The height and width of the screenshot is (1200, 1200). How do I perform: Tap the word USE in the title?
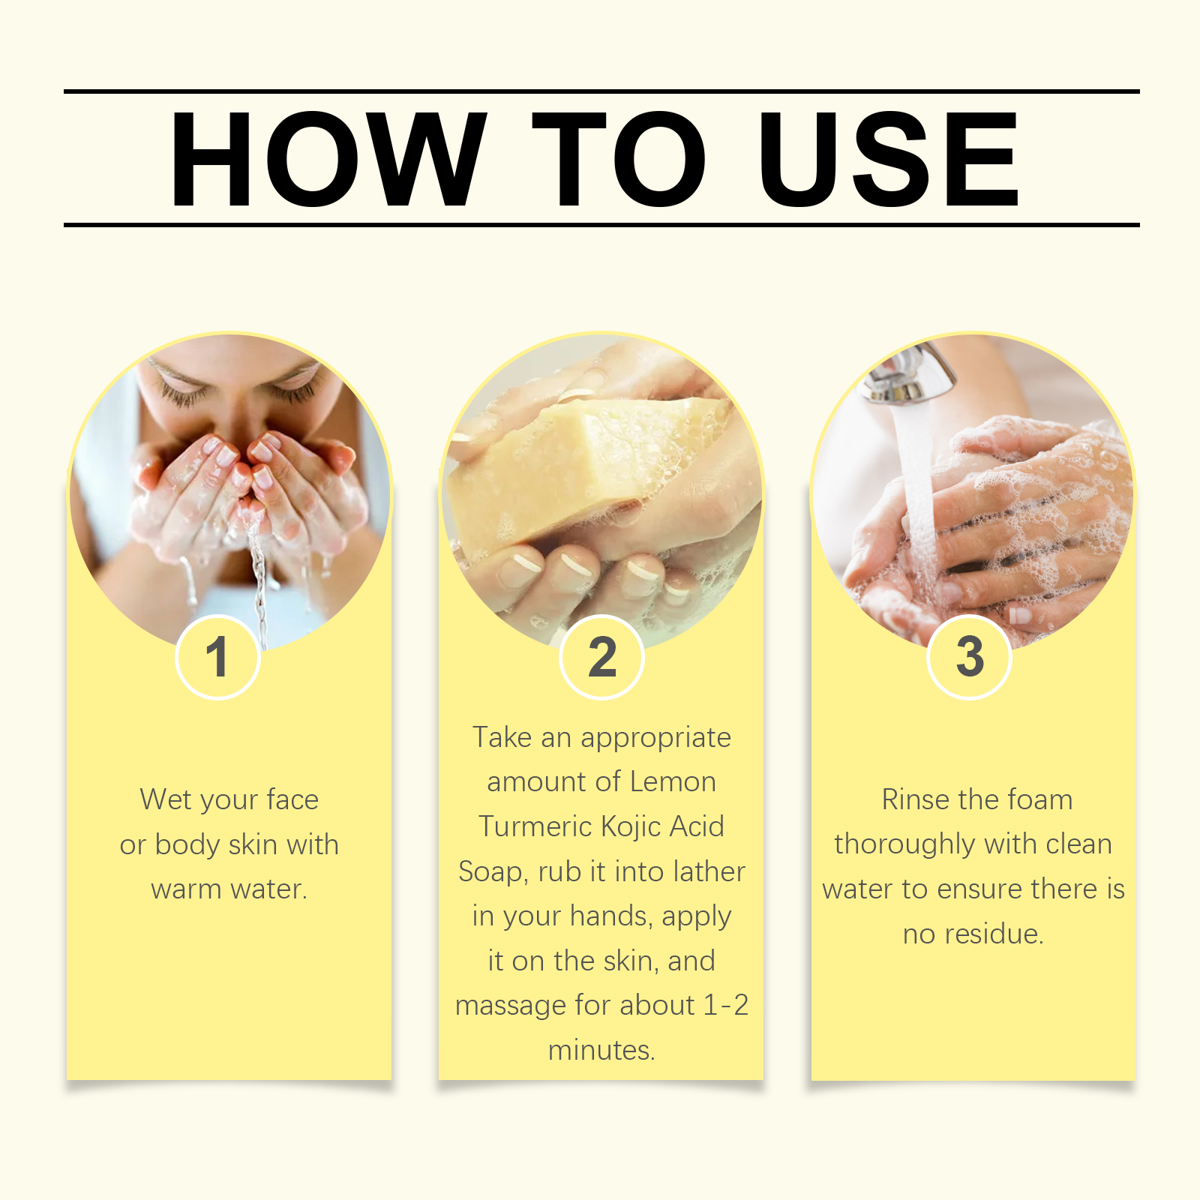click(889, 159)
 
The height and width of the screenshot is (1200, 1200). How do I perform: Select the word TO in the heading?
click(619, 159)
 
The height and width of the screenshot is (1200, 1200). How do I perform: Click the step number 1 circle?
click(217, 657)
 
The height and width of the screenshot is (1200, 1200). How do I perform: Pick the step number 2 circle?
click(601, 657)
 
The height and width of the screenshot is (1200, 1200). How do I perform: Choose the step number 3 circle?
click(970, 657)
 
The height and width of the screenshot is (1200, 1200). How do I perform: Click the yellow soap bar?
click(585, 469)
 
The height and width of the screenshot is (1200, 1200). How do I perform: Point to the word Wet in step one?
click(165, 799)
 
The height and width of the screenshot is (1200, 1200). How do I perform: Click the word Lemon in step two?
click(673, 782)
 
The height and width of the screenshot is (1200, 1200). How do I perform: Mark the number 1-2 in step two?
click(726, 1005)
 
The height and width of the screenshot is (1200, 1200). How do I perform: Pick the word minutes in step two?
click(601, 1050)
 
